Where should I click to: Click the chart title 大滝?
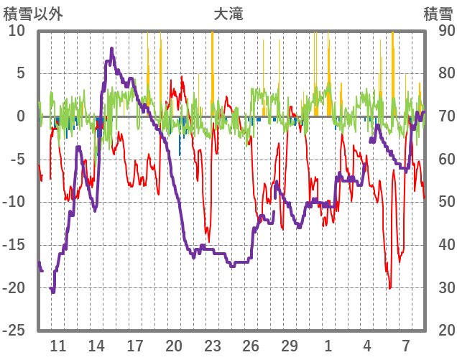click(228, 14)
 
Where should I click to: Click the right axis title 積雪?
click(438, 14)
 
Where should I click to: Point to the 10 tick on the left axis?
click(17, 31)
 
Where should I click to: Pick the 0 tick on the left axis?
click(21, 116)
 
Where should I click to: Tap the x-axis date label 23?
click(212, 345)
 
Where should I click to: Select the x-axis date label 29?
click(289, 345)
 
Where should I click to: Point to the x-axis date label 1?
click(328, 345)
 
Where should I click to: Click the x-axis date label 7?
click(405, 345)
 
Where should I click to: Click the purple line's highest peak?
click(112, 49)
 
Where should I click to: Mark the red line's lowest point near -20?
click(390, 288)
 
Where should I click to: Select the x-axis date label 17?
click(135, 345)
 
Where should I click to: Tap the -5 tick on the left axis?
click(17, 160)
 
